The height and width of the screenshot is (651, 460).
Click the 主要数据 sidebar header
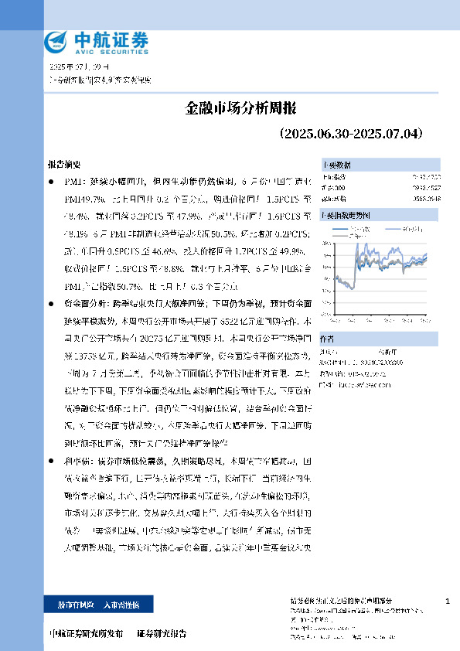click(x=336, y=165)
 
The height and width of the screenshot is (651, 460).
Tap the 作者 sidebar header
click(x=328, y=317)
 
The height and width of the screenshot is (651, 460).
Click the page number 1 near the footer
click(x=448, y=601)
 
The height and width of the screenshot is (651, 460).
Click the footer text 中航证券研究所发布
click(x=86, y=633)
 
